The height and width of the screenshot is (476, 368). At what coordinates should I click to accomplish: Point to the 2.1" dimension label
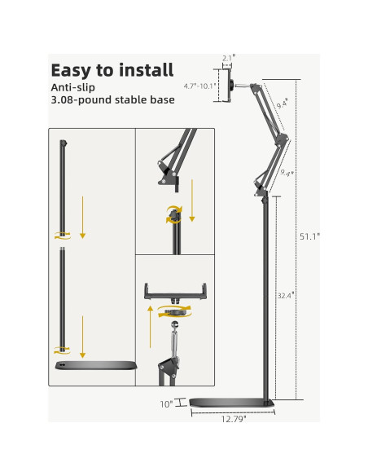[x=228, y=58]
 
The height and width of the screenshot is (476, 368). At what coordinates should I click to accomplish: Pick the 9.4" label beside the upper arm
[x=281, y=104]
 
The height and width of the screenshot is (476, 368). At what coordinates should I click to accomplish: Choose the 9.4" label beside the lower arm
[x=286, y=173]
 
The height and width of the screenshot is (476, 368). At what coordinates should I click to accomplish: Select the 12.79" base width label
[x=233, y=420]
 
